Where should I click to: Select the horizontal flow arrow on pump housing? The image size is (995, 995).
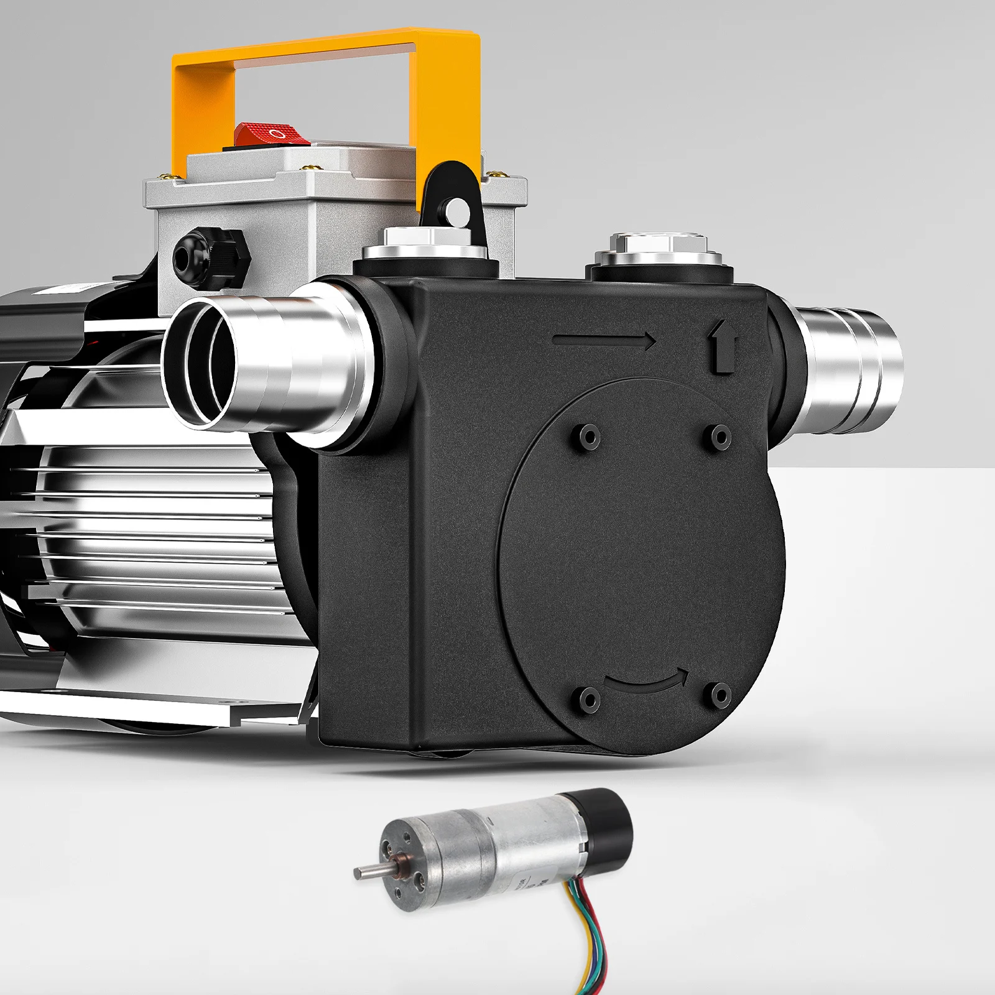[x=603, y=340]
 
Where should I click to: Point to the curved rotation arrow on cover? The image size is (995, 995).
[x=647, y=682]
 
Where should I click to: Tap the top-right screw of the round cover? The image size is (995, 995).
[x=720, y=435]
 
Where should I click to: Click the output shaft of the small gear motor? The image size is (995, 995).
[x=367, y=872]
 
